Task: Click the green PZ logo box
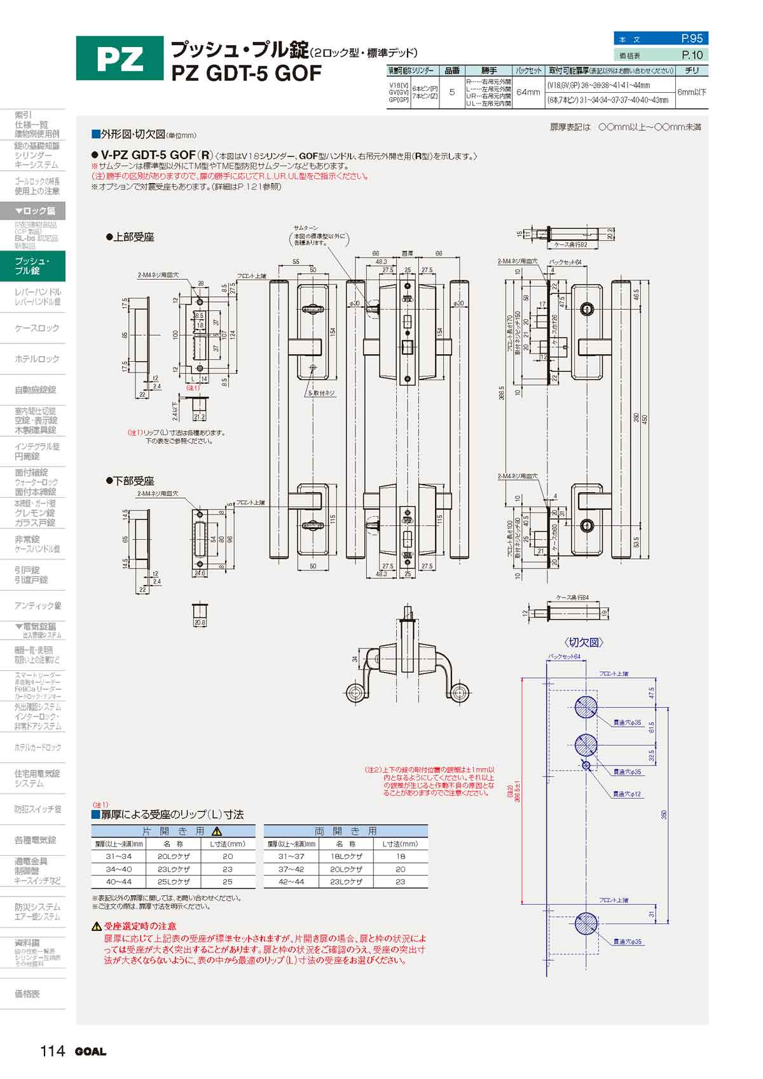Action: [120, 58]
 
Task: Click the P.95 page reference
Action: [691, 39]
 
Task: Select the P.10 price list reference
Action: [692, 55]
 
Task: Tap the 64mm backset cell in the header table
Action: [528, 92]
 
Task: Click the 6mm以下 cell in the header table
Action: [692, 92]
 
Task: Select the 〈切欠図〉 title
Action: [583, 642]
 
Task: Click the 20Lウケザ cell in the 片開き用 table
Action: [173, 856]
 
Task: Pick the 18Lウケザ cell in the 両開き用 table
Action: [345, 856]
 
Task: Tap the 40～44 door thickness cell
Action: [118, 882]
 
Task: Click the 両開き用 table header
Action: [345, 831]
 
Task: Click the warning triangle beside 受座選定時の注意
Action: [97, 926]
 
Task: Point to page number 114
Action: [52, 1051]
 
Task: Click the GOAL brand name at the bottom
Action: [91, 1052]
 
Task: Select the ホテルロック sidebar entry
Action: [37, 359]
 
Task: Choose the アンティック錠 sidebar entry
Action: [38, 606]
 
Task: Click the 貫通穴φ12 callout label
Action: [628, 794]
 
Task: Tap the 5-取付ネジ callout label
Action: [321, 394]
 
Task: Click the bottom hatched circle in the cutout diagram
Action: [586, 923]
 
